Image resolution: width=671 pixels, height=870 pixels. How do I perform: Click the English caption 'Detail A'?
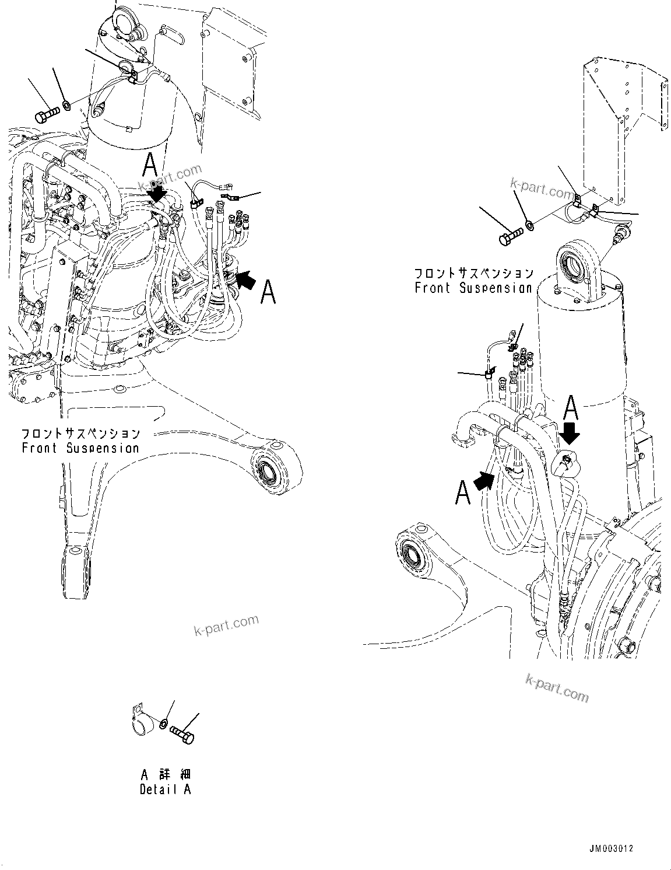tap(165, 789)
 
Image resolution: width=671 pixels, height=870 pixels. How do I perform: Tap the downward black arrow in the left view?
tap(156, 194)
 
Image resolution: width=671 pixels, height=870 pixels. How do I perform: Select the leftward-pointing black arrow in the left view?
tap(245, 281)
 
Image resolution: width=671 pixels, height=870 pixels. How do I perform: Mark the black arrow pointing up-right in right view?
tap(485, 481)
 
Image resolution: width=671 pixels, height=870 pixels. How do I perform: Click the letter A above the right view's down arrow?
tap(571, 408)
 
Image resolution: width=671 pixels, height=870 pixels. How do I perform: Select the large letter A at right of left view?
tap(268, 291)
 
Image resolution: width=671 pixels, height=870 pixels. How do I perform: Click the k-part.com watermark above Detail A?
tap(226, 626)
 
